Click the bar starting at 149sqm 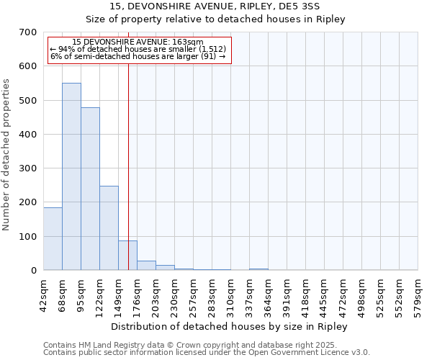pyautogui.click(x=127, y=256)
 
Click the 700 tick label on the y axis pyautogui.click(x=28, y=32)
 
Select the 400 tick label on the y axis pyautogui.click(x=28, y=135)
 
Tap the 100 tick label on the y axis pyautogui.click(x=28, y=237)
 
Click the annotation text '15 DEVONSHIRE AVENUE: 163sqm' pyautogui.click(x=138, y=42)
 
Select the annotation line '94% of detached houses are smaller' pyautogui.click(x=138, y=50)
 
